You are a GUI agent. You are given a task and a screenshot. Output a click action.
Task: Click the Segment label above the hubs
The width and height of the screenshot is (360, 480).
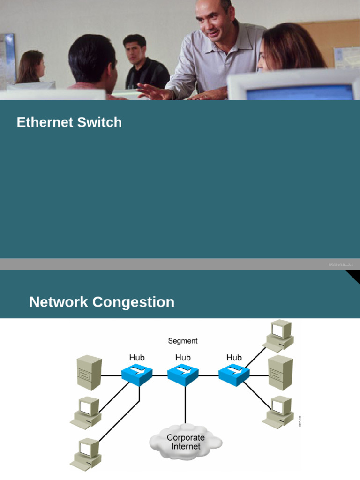183,341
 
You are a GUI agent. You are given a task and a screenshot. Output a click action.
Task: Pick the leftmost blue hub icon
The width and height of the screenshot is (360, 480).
136,375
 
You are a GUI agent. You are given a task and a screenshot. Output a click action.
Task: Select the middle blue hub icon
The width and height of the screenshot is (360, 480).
183,375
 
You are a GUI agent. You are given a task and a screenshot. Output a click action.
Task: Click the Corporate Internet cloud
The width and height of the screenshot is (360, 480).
186,441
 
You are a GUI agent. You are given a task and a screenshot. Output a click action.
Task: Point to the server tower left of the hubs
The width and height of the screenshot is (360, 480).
89,373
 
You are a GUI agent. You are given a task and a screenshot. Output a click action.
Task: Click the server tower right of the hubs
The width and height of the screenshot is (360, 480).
280,373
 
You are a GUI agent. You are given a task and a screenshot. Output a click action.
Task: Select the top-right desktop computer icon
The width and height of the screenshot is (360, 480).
278,334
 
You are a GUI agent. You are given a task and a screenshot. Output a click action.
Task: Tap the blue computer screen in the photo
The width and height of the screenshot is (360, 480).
300,93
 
